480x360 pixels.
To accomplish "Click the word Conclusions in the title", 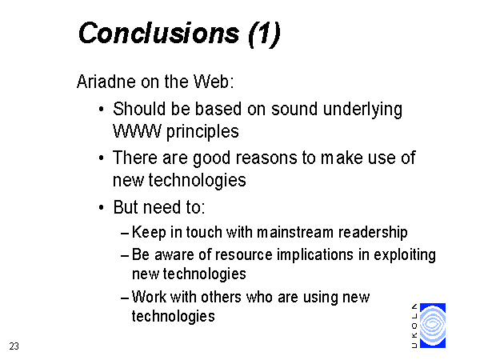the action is [158, 33].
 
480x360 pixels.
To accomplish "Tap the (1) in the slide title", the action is [265, 34].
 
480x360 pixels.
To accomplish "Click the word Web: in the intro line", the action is [214, 82].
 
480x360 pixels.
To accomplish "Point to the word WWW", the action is [137, 132].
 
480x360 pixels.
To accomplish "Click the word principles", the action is [202, 132].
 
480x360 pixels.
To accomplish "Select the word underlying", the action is [362, 110].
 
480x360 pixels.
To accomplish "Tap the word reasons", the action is [266, 158].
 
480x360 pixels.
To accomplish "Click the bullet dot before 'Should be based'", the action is [102, 110].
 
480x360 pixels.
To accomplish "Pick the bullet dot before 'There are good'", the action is [102, 158].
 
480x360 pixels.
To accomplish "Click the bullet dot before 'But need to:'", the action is [102, 207].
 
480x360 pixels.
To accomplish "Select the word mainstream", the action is [294, 232].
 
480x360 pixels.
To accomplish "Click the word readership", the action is [373, 233].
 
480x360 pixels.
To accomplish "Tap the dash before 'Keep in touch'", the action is [125, 234].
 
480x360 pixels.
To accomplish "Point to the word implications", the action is [315, 256].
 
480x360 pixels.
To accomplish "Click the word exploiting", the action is [405, 256].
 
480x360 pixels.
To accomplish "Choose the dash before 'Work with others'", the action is [125, 298].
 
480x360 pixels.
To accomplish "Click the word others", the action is [221, 297].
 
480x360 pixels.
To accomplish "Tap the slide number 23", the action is [14, 346].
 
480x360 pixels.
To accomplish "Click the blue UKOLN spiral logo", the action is [433, 326].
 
